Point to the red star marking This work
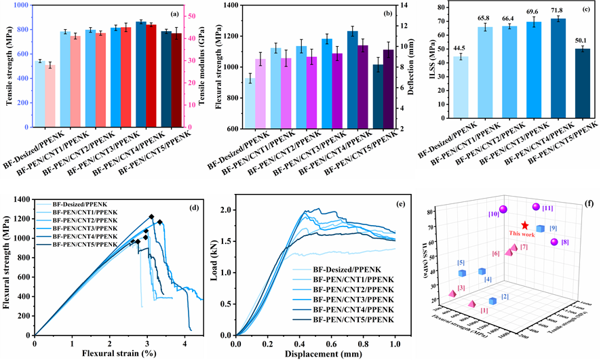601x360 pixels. click(x=525, y=225)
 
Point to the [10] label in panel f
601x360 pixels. click(x=493, y=214)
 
